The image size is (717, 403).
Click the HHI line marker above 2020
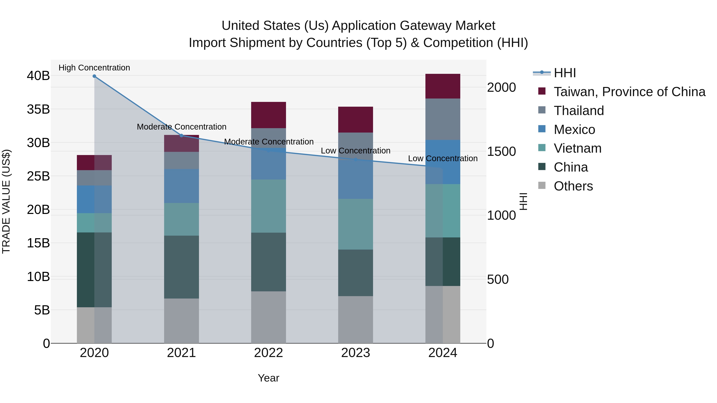pos(94,76)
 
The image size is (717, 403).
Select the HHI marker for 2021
pos(181,136)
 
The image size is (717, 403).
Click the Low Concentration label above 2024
pos(443,159)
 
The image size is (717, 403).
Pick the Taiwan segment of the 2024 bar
pos(443,86)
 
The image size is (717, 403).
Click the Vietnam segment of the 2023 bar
pos(356,224)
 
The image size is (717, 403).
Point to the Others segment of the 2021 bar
pos(181,321)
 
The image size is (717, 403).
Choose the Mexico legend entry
pos(574,130)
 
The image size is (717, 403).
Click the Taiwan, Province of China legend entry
pos(629,92)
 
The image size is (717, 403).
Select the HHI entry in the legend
pos(564,73)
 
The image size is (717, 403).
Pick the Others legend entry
pos(573,186)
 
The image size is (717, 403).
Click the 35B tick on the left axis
pos(38,109)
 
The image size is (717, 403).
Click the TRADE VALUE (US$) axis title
pos(6,201)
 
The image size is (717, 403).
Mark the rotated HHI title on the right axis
pos(523,201)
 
